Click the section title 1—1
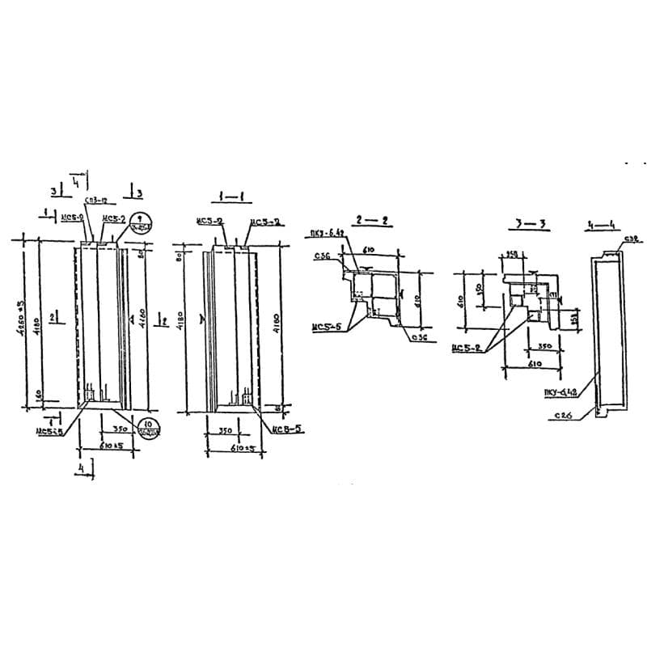pyautogui.click(x=231, y=197)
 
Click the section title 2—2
pyautogui.click(x=374, y=220)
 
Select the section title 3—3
pyautogui.click(x=532, y=222)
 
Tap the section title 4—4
pyautogui.click(x=600, y=224)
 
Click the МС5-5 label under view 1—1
pyautogui.click(x=288, y=429)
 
